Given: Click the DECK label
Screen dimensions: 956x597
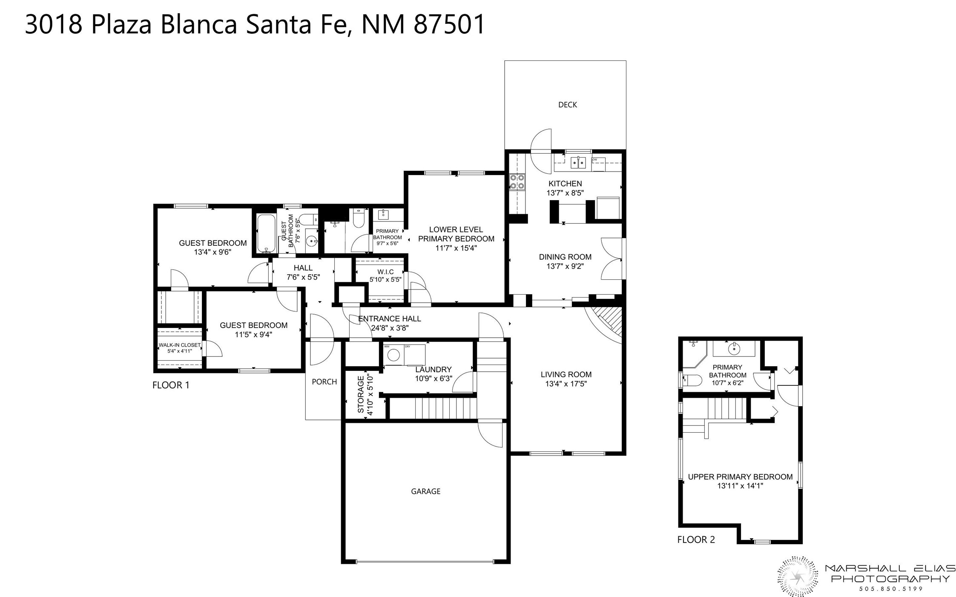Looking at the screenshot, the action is coord(567,105).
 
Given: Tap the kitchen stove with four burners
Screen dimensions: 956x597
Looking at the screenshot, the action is coord(517,182).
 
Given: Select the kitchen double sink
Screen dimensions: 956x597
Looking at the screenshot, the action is coord(578,162).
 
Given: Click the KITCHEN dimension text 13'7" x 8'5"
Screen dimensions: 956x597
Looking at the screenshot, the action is coord(565,193).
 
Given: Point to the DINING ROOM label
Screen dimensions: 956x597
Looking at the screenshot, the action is coord(565,257).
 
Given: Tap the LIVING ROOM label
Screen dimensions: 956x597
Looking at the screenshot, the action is coord(566,374).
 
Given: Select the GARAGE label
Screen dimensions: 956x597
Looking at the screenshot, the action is coord(425,491).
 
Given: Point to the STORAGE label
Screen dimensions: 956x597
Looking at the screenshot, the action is coord(361,394).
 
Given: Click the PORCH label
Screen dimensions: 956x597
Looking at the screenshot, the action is coord(324,382).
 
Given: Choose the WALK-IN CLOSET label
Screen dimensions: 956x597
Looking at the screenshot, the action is coord(179,345).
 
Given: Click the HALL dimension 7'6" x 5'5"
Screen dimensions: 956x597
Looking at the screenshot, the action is coord(303,277).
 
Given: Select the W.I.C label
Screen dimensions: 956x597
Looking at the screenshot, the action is coord(385,272).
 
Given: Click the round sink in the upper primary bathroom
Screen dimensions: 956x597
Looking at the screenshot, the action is coord(734,349).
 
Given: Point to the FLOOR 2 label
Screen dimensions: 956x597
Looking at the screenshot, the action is coord(696,540).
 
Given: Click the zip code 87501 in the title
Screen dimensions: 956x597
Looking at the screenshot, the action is coord(449,24).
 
